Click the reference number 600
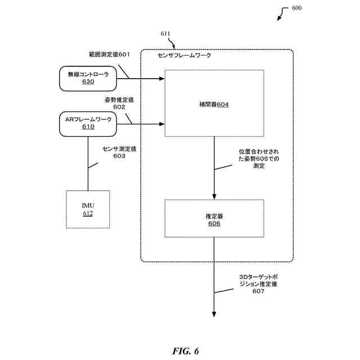point(296,8)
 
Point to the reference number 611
point(165,34)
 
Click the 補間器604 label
point(214,105)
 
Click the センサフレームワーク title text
point(184,55)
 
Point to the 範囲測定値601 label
point(109,55)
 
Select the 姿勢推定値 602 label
point(119,103)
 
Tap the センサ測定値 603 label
point(119,152)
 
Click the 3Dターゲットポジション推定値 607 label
point(258,284)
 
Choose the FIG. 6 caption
point(186,351)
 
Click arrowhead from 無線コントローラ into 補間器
point(162,79)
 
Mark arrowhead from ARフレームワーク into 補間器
point(162,124)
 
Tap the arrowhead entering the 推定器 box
point(214,197)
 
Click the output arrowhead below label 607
point(214,314)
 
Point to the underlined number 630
point(88,82)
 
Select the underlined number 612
point(88,213)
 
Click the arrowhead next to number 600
point(279,19)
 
